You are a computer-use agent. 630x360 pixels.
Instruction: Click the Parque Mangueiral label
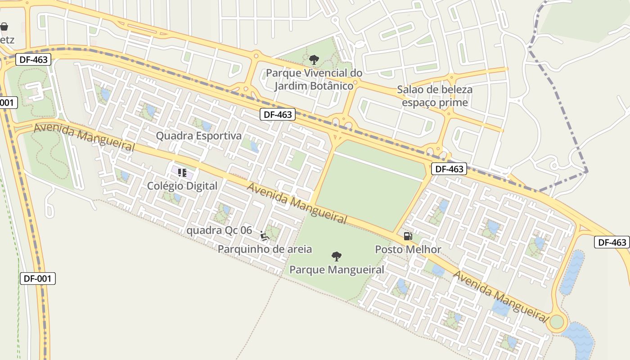(x=337, y=270)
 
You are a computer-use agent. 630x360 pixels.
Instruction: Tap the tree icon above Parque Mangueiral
(x=336, y=256)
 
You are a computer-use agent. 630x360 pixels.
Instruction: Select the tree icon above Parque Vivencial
(x=314, y=59)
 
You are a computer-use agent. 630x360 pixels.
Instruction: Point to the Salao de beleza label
(x=435, y=90)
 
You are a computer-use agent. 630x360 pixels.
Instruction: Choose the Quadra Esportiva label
(x=198, y=135)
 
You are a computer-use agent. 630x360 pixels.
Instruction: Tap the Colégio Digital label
(x=182, y=185)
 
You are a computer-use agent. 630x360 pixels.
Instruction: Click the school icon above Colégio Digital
(x=182, y=172)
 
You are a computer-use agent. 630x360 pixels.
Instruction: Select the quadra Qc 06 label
(x=219, y=230)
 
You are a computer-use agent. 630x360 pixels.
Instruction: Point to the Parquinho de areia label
(x=265, y=249)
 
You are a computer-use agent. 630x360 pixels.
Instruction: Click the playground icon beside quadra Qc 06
(x=264, y=235)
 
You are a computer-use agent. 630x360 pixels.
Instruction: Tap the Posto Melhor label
(x=408, y=249)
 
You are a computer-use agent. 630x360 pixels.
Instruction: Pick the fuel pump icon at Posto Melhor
(x=408, y=236)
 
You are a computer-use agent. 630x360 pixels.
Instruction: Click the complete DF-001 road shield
(x=38, y=279)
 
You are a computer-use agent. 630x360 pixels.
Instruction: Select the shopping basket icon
(x=4, y=27)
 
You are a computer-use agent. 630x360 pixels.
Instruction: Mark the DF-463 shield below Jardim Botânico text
(x=278, y=114)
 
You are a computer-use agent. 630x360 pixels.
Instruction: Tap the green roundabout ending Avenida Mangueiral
(x=557, y=322)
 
